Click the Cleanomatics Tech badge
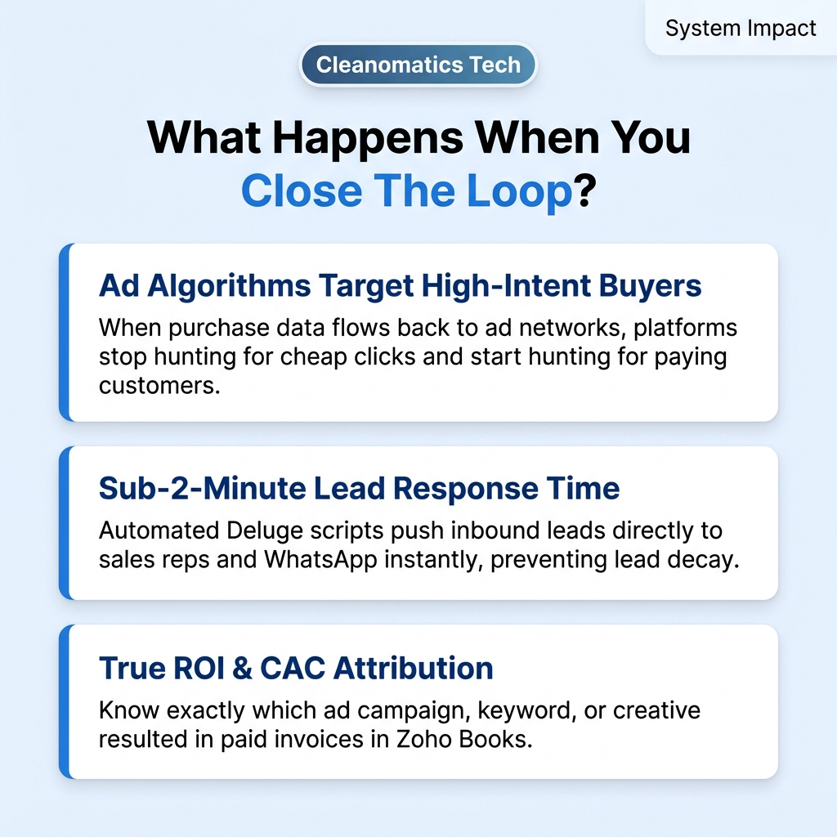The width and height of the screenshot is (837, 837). pyautogui.click(x=418, y=65)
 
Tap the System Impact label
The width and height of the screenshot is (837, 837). pyautogui.click(x=741, y=28)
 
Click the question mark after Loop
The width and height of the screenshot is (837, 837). pyautogui.click(x=584, y=191)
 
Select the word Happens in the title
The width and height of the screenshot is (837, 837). pyautogui.click(x=368, y=138)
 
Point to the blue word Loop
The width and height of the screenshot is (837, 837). pyautogui.click(x=519, y=192)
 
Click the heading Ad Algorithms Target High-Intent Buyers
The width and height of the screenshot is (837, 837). pyautogui.click(x=400, y=286)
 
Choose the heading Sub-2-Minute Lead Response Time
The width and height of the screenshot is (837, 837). pyautogui.click(x=360, y=488)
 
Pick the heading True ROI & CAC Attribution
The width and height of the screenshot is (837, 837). pyautogui.click(x=296, y=668)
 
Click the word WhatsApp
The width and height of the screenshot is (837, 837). pyautogui.click(x=320, y=560)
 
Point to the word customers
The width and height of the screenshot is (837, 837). pyautogui.click(x=159, y=386)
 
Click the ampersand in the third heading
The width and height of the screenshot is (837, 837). pyautogui.click(x=242, y=669)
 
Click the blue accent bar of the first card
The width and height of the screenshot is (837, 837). pyautogui.click(x=64, y=332)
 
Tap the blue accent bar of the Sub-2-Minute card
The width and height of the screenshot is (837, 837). pyautogui.click(x=64, y=522)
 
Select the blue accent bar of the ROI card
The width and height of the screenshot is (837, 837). pyautogui.click(x=64, y=701)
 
